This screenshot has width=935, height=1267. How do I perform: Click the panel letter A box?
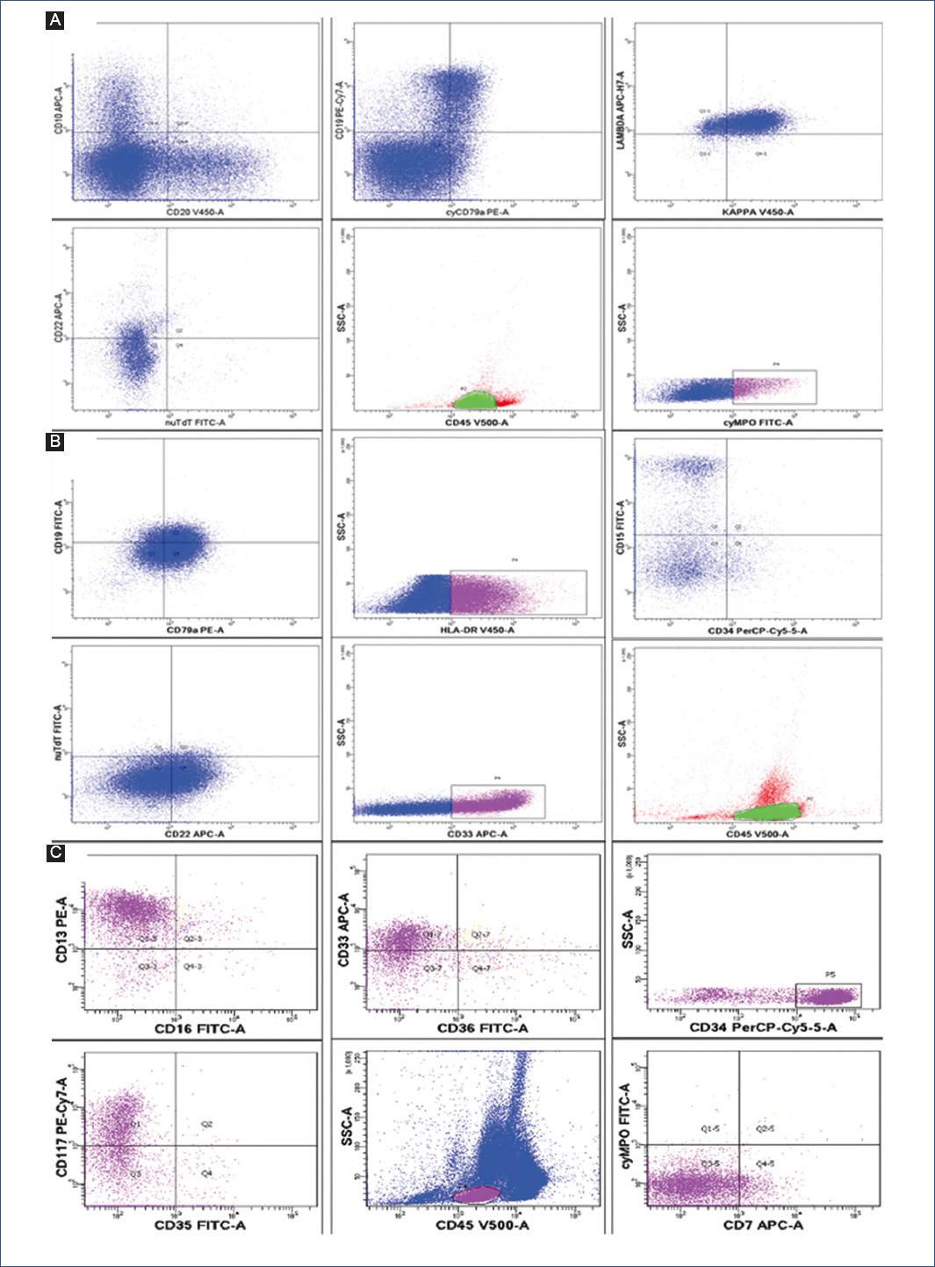click(55, 20)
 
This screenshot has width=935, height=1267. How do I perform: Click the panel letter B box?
click(55, 442)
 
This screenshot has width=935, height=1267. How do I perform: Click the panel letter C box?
click(56, 852)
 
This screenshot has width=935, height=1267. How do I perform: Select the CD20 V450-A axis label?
click(195, 212)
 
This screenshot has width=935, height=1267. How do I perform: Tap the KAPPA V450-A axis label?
click(757, 212)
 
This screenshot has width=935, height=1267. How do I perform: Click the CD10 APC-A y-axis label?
click(60, 110)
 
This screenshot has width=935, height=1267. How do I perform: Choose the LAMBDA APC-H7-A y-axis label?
click(621, 111)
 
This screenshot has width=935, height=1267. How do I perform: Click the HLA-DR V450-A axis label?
click(477, 630)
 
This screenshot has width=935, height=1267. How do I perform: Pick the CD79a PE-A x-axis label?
click(195, 630)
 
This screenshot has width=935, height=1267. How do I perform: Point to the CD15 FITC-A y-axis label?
click(621, 527)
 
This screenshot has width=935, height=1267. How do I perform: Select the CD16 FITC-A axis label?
click(200, 1028)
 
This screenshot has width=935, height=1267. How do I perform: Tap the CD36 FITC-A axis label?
click(482, 1028)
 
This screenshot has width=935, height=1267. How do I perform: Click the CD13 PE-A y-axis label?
click(62, 929)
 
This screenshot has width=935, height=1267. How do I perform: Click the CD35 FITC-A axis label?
click(200, 1225)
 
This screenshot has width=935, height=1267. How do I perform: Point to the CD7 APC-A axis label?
click(763, 1225)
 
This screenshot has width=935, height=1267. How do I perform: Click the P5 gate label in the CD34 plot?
click(831, 975)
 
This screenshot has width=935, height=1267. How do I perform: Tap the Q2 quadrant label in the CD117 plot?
click(206, 1124)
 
